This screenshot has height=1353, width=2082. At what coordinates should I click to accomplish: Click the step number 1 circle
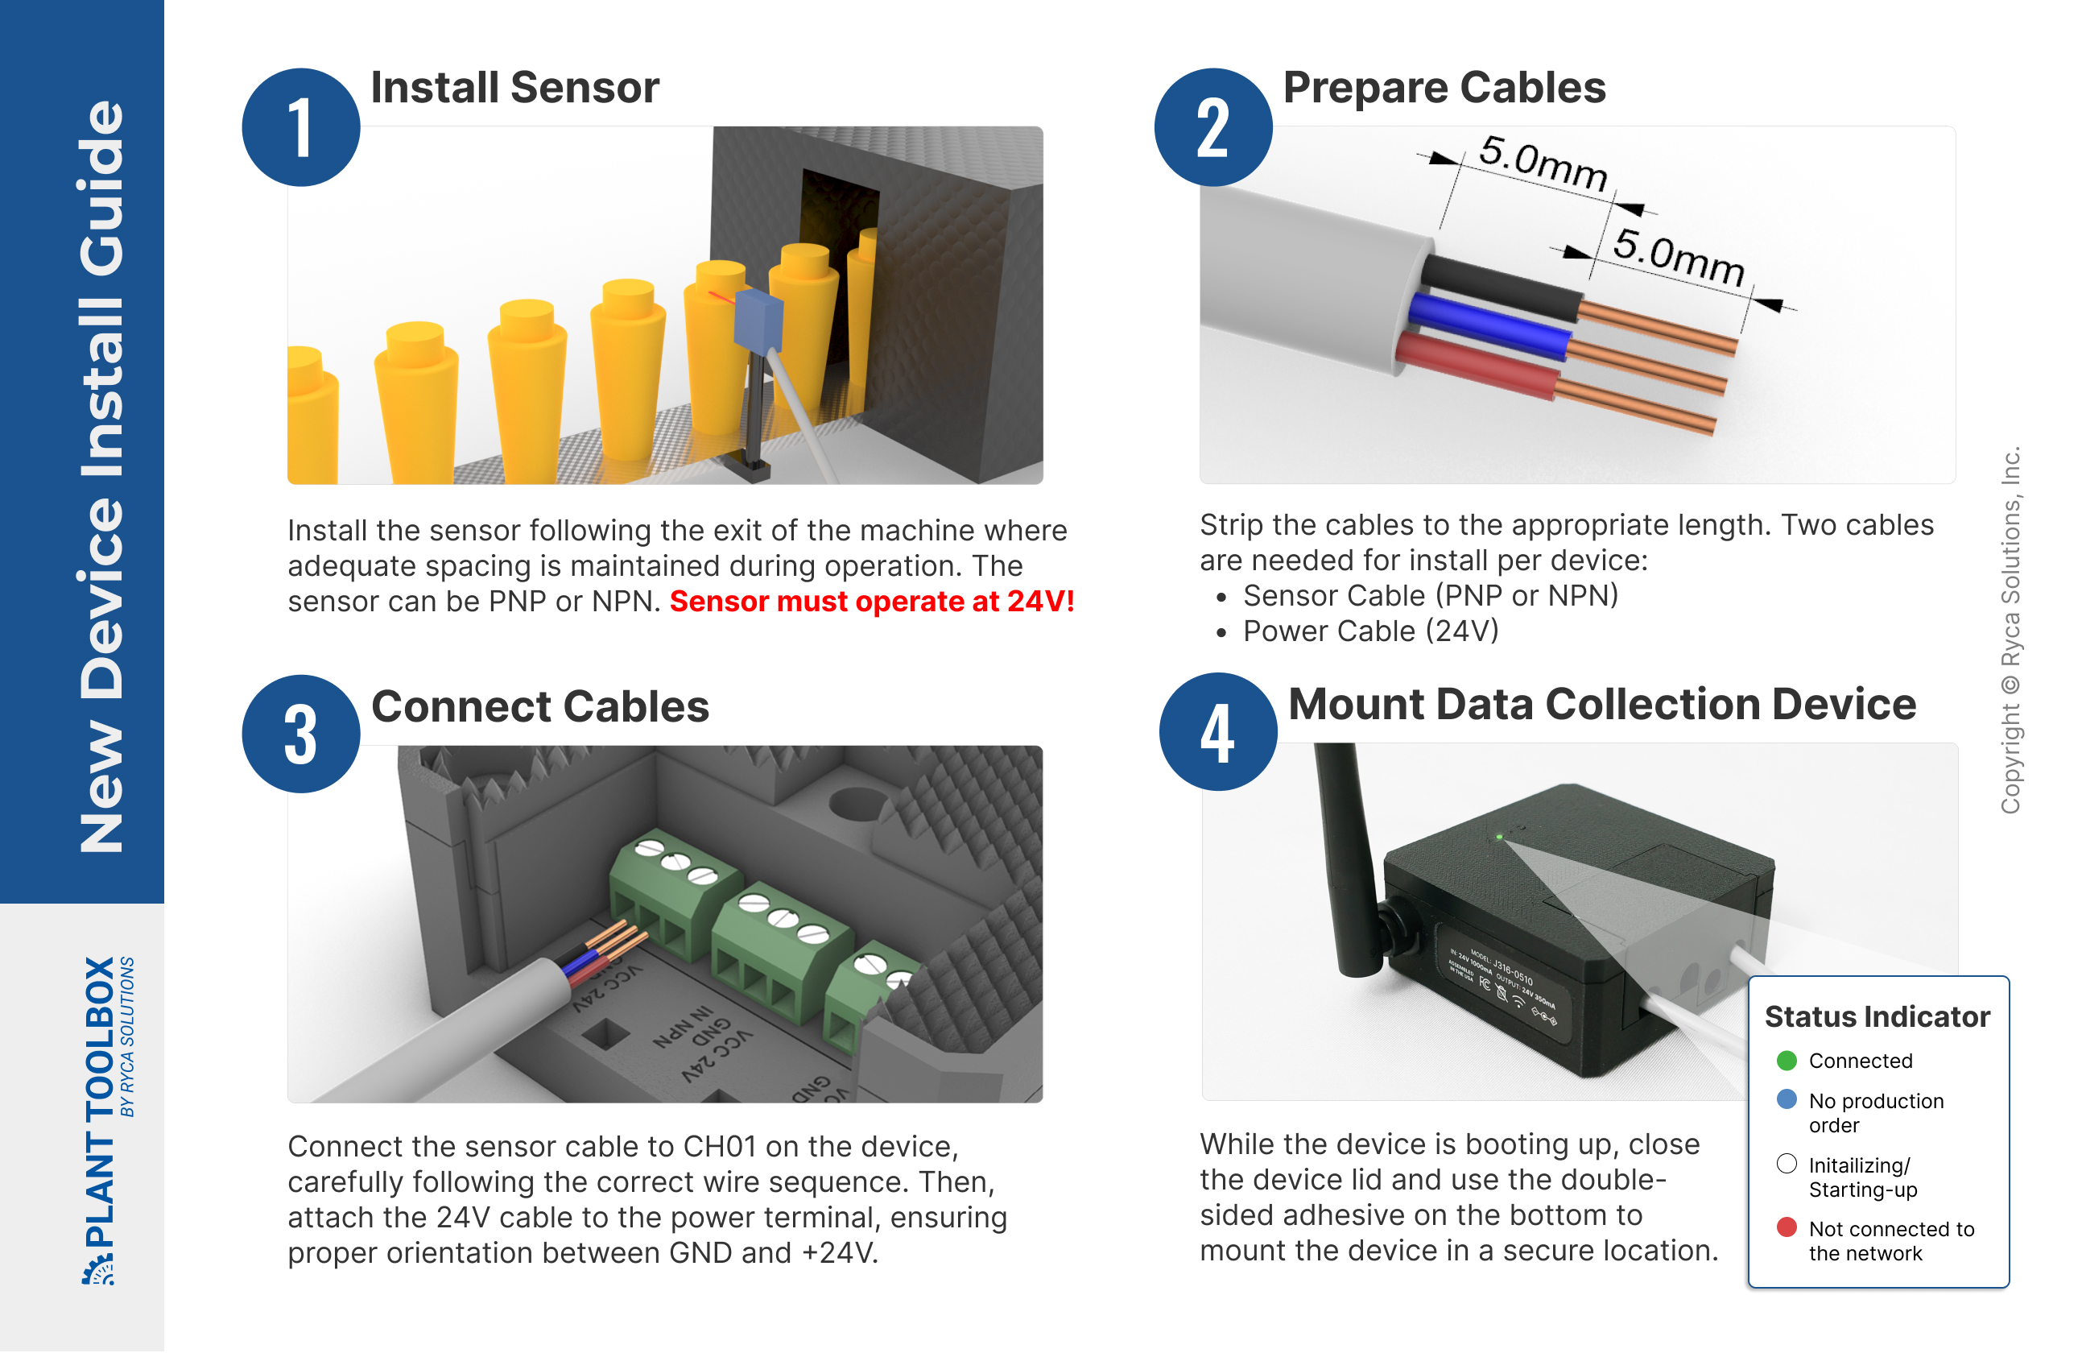[x=300, y=128]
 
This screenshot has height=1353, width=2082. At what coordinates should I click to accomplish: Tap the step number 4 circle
[x=1217, y=734]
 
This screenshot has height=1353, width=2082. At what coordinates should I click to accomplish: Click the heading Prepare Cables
[x=1444, y=88]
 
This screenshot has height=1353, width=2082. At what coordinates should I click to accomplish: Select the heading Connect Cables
[x=539, y=706]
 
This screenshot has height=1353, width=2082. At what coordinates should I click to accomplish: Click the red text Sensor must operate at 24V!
[x=871, y=602]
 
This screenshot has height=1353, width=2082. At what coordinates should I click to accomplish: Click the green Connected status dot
[x=1787, y=1061]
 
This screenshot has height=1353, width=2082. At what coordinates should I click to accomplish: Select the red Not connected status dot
[x=1787, y=1228]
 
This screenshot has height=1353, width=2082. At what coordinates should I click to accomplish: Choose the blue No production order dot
[x=1787, y=1100]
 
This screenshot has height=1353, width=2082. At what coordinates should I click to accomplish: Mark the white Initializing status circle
[x=1787, y=1164]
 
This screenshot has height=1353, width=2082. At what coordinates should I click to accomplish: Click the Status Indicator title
[x=1877, y=1017]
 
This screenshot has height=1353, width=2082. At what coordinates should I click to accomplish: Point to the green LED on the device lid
[x=1498, y=838]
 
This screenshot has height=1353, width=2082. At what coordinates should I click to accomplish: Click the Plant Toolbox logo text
[x=100, y=1103]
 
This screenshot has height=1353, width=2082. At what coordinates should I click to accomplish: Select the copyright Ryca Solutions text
[x=2010, y=630]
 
